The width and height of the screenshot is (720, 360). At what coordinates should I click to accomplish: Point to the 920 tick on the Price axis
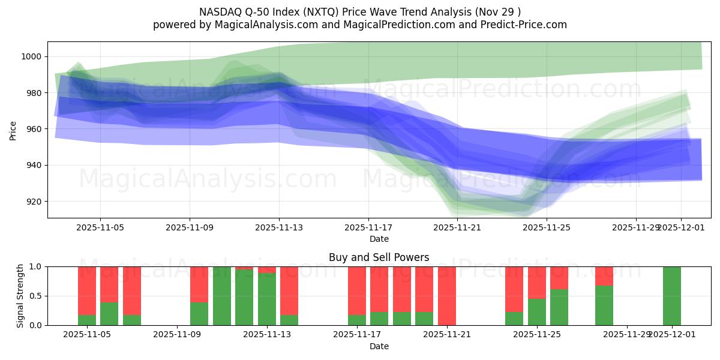tap(34, 202)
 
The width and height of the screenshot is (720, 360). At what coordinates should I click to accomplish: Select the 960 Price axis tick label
tap(34, 129)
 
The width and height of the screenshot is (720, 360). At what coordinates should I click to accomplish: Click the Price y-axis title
tap(13, 130)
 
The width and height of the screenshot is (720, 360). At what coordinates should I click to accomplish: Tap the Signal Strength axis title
tap(20, 296)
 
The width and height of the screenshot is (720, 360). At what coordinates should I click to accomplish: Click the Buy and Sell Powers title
tap(379, 257)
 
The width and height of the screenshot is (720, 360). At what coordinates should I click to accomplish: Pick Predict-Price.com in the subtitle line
tap(524, 25)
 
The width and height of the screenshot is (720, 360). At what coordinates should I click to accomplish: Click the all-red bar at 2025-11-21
tap(446, 296)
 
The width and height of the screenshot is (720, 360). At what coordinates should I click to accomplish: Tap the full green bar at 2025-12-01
tap(671, 296)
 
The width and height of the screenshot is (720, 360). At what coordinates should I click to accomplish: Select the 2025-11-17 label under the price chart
tap(368, 227)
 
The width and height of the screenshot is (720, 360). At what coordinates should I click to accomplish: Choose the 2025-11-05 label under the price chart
tap(100, 227)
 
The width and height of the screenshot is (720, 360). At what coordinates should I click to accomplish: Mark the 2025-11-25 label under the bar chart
tap(536, 335)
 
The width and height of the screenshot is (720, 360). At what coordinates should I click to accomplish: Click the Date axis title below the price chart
tap(379, 239)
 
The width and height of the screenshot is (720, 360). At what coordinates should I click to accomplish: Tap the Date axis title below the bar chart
tap(379, 346)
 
